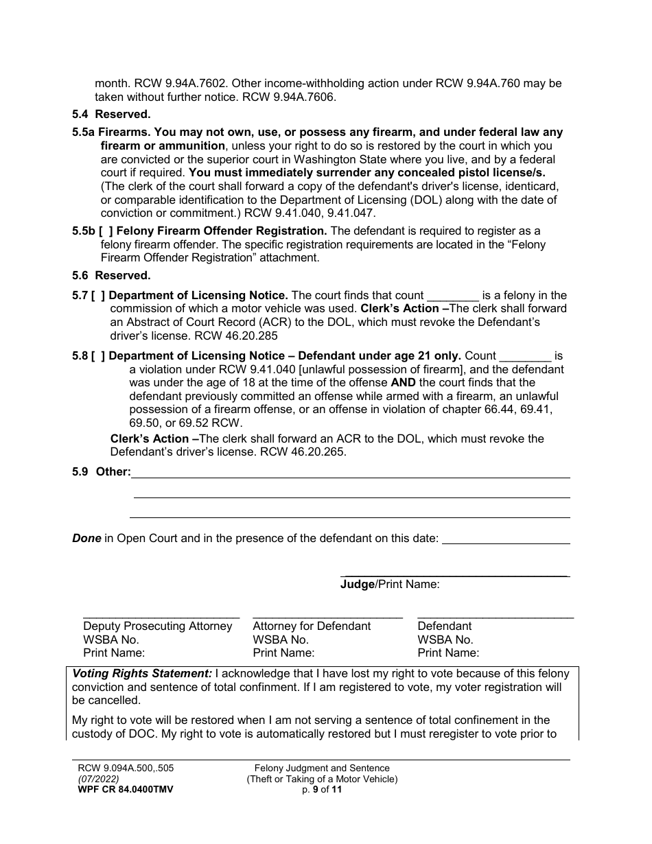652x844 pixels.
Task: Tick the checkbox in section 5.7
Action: (x=98, y=296)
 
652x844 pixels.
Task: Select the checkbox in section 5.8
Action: (x=98, y=356)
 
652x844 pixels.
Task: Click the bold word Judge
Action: (x=358, y=585)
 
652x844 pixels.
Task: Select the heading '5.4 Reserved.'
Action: (x=111, y=115)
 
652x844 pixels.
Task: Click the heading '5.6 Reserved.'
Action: (x=111, y=275)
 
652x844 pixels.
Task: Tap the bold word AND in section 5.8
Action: (x=403, y=383)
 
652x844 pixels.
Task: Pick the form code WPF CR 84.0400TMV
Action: (x=125, y=789)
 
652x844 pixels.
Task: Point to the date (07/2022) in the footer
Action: (x=98, y=779)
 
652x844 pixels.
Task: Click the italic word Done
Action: (x=86, y=539)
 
